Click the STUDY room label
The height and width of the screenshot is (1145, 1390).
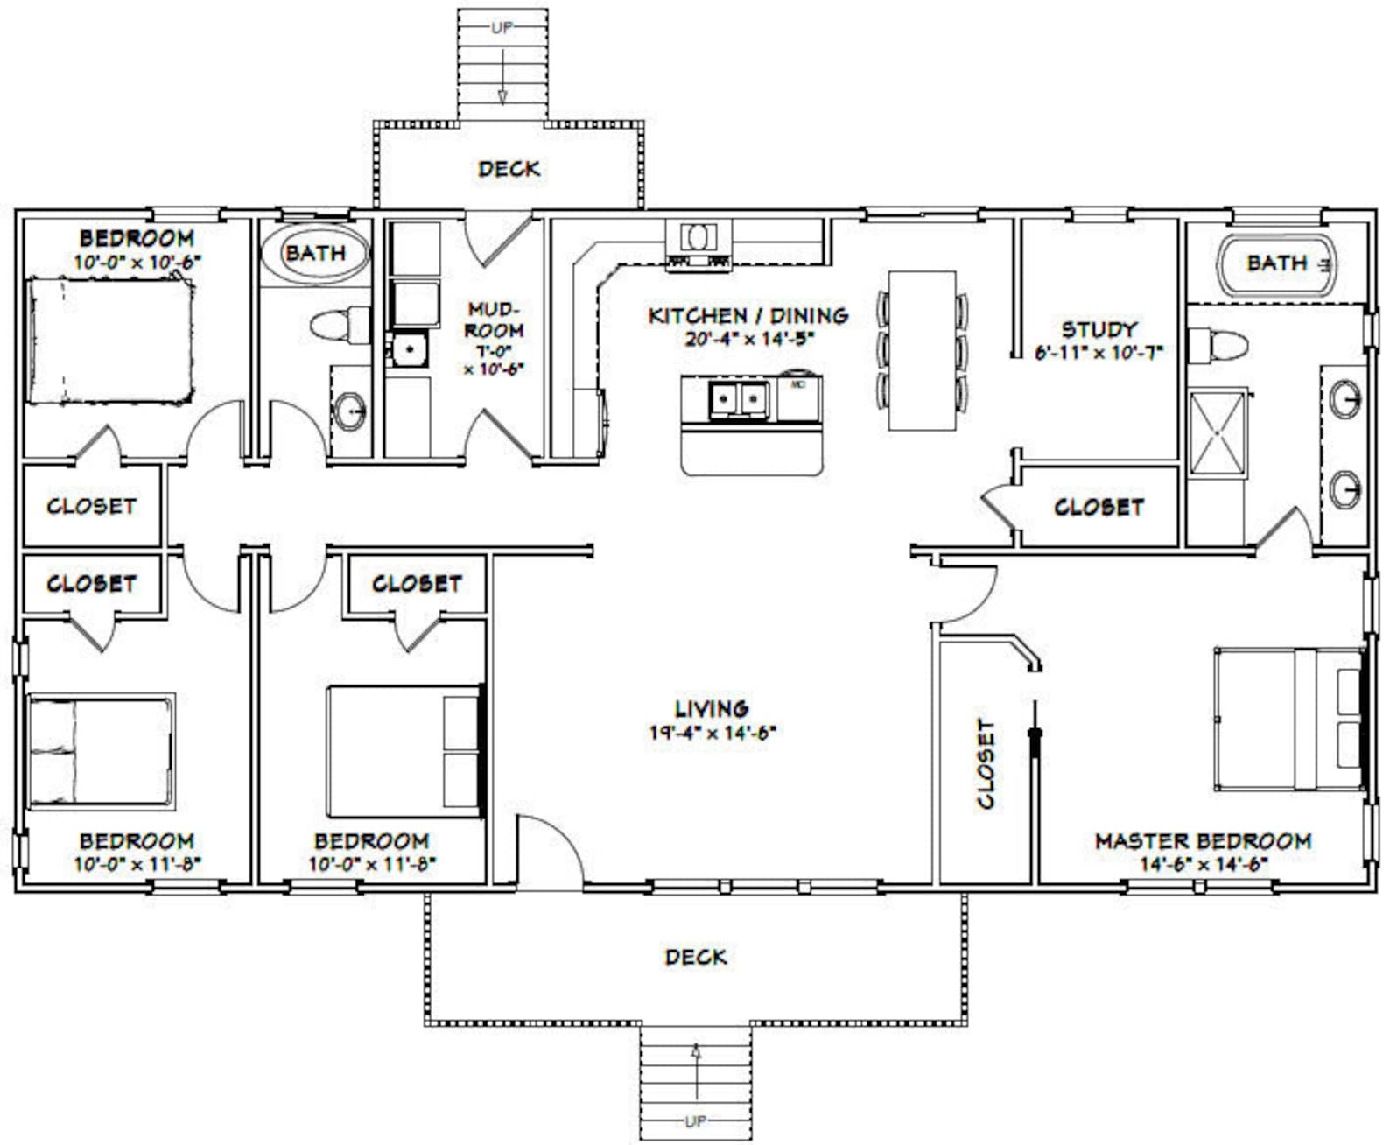1099,329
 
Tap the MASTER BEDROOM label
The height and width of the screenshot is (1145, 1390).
1203,841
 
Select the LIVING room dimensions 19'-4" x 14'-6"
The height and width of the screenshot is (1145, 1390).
713,732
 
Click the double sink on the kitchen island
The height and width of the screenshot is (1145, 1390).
740,399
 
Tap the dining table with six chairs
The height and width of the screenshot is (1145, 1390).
922,351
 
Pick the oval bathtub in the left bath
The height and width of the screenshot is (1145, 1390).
315,253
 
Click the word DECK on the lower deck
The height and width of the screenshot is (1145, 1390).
696,957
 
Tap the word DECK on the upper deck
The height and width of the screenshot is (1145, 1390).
509,168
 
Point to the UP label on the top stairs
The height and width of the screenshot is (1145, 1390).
502,27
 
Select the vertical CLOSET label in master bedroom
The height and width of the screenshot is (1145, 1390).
986,763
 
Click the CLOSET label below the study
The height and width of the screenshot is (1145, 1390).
1098,508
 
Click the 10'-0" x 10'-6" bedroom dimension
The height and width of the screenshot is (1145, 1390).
137,261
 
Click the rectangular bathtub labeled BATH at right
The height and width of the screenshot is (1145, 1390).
1278,263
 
